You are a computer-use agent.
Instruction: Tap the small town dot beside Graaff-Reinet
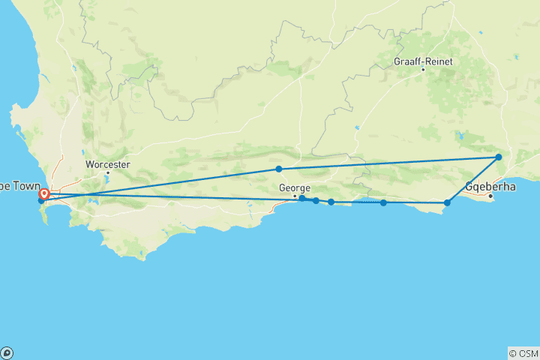click(x=423, y=70)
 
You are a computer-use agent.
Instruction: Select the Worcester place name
click(x=108, y=164)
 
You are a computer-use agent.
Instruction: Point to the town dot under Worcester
click(x=107, y=172)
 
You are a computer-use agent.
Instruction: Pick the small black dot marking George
click(x=295, y=196)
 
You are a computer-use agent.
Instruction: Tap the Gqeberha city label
click(x=490, y=186)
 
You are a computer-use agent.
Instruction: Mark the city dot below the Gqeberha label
click(x=490, y=196)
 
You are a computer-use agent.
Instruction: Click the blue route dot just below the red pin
click(x=41, y=201)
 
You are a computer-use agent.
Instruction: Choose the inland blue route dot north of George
click(x=279, y=169)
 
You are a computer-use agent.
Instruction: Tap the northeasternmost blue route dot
click(x=499, y=157)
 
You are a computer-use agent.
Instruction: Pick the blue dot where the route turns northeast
click(x=448, y=202)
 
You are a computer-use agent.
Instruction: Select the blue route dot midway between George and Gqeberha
click(x=384, y=202)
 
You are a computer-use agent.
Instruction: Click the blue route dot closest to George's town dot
click(x=301, y=198)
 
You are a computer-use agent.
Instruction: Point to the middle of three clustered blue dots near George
click(x=316, y=201)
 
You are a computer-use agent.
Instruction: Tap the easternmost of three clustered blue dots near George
click(x=331, y=202)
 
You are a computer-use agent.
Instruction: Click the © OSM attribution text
click(x=523, y=353)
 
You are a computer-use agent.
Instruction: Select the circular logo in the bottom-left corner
click(x=7, y=353)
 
